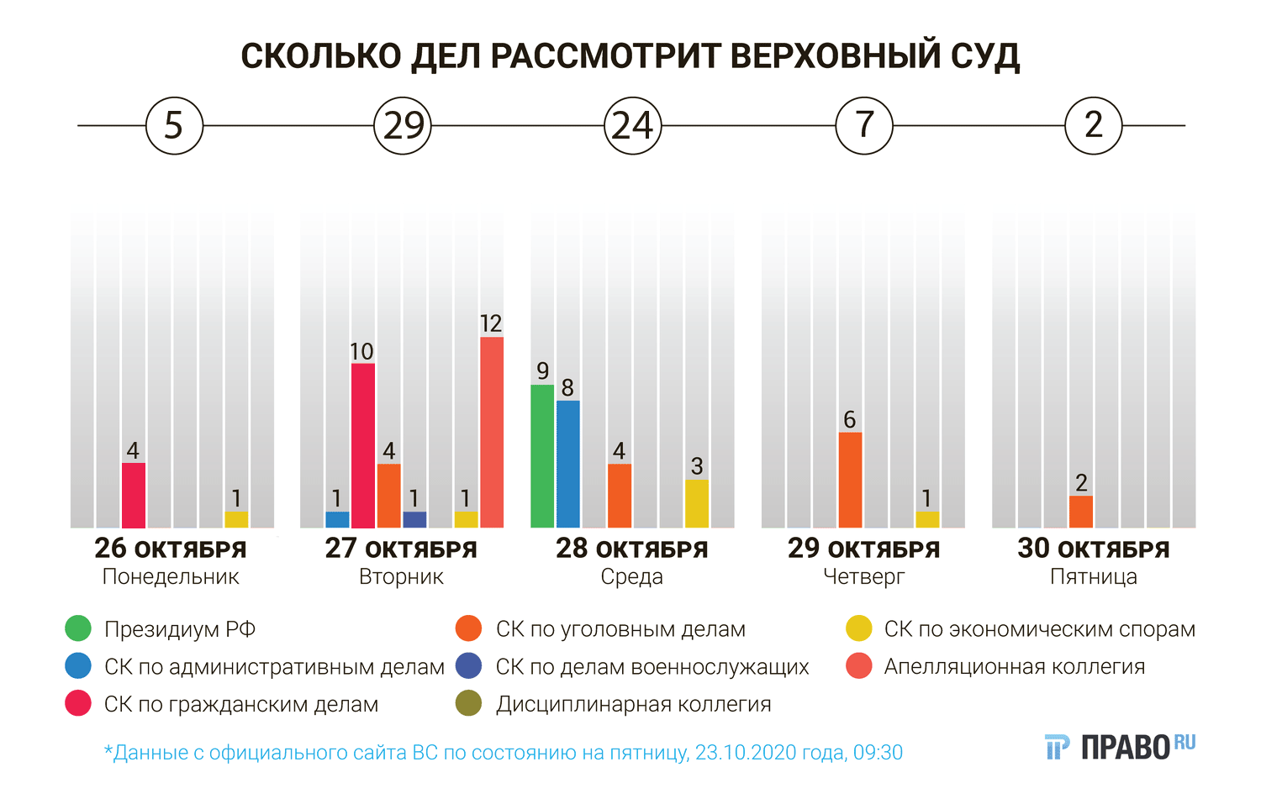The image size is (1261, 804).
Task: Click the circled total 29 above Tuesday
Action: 403,126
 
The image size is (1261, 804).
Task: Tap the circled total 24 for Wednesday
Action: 633,126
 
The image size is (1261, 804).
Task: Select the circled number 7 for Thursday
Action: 864,126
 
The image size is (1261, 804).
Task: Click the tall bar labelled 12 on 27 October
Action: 492,433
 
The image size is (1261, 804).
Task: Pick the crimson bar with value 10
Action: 363,445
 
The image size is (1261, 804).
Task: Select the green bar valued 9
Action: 542,456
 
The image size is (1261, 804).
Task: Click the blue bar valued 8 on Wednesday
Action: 568,464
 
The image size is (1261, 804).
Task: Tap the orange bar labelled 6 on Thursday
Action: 850,480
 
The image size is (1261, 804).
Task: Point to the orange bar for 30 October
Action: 1081,512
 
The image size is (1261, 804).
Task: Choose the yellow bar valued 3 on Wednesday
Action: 697,504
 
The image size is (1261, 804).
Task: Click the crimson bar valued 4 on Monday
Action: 134,495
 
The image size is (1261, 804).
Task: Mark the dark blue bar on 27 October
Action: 414,520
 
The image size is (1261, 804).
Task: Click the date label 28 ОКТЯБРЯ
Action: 632,549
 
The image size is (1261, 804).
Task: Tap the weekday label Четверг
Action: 863,577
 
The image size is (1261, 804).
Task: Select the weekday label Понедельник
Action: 171,577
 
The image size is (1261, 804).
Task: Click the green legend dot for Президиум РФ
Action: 78,629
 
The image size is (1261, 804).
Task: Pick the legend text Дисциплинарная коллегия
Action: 633,704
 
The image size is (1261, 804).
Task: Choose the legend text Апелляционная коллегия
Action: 1014,667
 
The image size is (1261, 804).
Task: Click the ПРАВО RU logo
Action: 1121,747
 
